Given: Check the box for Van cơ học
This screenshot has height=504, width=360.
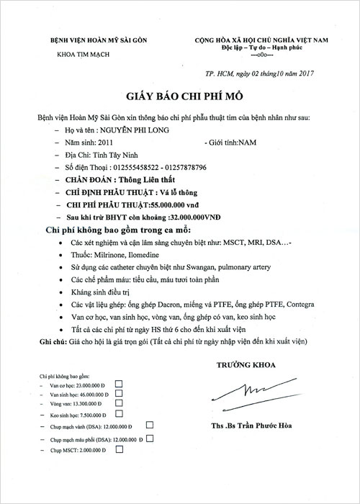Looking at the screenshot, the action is click(x=120, y=384).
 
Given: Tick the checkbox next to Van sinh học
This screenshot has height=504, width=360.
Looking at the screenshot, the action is click(x=120, y=395).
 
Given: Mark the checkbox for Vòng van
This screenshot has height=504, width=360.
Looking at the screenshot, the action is click(x=120, y=405).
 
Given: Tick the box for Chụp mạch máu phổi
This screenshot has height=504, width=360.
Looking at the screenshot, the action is click(x=150, y=437).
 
